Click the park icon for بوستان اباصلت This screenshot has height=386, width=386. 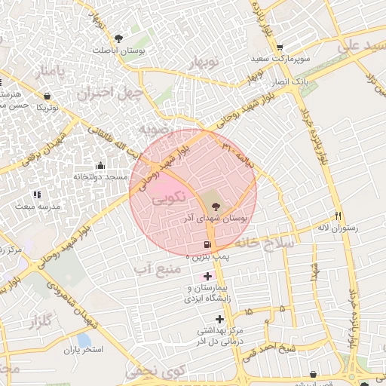[x=118, y=38]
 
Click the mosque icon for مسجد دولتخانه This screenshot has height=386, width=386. [x=100, y=166]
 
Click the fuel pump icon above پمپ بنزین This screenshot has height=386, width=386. [x=207, y=246]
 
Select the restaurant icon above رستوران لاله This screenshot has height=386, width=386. [x=339, y=216]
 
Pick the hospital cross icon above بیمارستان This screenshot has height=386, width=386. [x=207, y=277]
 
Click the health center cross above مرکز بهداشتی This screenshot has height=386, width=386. [x=219, y=318]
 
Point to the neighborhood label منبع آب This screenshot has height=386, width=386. [x=157, y=268]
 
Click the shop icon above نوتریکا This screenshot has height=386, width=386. [x=48, y=96]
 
